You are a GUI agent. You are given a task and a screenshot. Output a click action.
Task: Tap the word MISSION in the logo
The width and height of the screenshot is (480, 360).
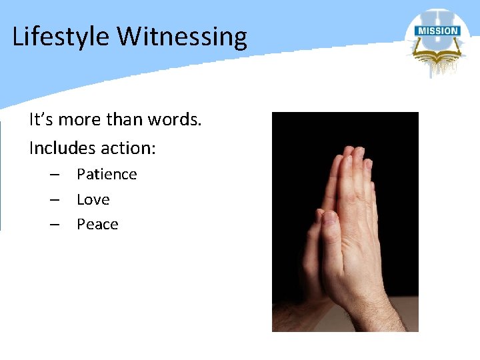pyautogui.click(x=437, y=31)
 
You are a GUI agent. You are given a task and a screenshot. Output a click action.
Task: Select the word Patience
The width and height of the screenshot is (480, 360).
pyautogui.click(x=107, y=175)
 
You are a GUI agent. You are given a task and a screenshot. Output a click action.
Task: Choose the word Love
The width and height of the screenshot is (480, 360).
pyautogui.click(x=93, y=199)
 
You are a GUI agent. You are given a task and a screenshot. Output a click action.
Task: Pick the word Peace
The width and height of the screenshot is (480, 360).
pyautogui.click(x=97, y=225)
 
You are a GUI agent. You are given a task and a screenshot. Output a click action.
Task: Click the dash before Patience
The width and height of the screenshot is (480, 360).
pyautogui.click(x=55, y=175)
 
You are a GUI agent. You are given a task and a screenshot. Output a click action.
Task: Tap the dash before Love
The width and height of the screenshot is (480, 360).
pyautogui.click(x=55, y=199)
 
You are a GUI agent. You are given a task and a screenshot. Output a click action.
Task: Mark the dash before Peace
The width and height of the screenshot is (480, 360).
pyautogui.click(x=55, y=225)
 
